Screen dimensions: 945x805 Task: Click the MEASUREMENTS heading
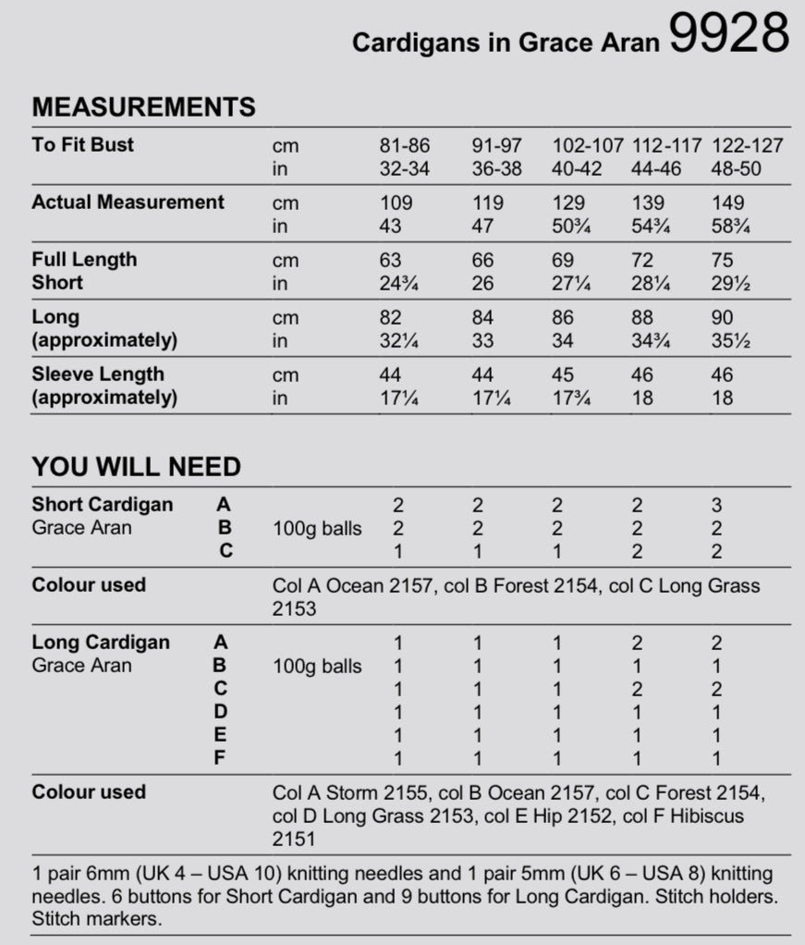click(x=143, y=106)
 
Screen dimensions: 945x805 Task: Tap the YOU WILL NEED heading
click(x=136, y=466)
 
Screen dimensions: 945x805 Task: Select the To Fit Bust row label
click(x=82, y=144)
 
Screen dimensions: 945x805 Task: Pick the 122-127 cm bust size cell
click(x=747, y=146)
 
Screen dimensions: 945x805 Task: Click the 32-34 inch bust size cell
click(x=405, y=169)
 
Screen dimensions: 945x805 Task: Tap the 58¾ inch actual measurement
click(x=730, y=227)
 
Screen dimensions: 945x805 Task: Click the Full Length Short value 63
click(x=391, y=261)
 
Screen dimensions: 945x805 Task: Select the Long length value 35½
click(x=730, y=341)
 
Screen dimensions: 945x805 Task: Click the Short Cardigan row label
click(x=102, y=505)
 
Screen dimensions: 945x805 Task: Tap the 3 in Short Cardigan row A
click(x=716, y=506)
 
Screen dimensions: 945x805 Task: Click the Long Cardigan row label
click(x=101, y=642)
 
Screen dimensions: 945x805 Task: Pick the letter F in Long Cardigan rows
click(x=220, y=758)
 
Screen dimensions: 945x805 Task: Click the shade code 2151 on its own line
click(x=294, y=840)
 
